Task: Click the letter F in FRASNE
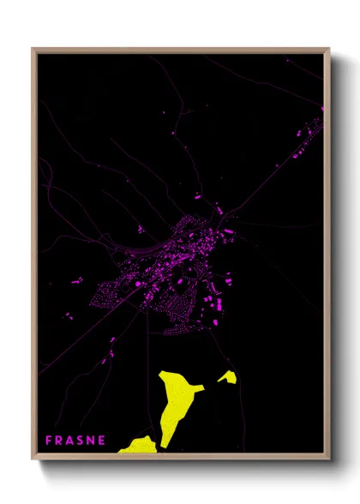[49, 440]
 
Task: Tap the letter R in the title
[60, 440]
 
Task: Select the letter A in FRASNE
[71, 440]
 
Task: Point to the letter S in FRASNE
[81, 440]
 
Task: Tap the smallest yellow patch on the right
[228, 376]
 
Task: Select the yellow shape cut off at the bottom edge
[140, 446]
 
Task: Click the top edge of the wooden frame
[180, 50]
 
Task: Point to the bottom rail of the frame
[180, 455]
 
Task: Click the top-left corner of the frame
[33, 50]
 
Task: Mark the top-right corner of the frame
[328, 50]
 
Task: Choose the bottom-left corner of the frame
[33, 455]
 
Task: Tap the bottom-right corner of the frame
[328, 455]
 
